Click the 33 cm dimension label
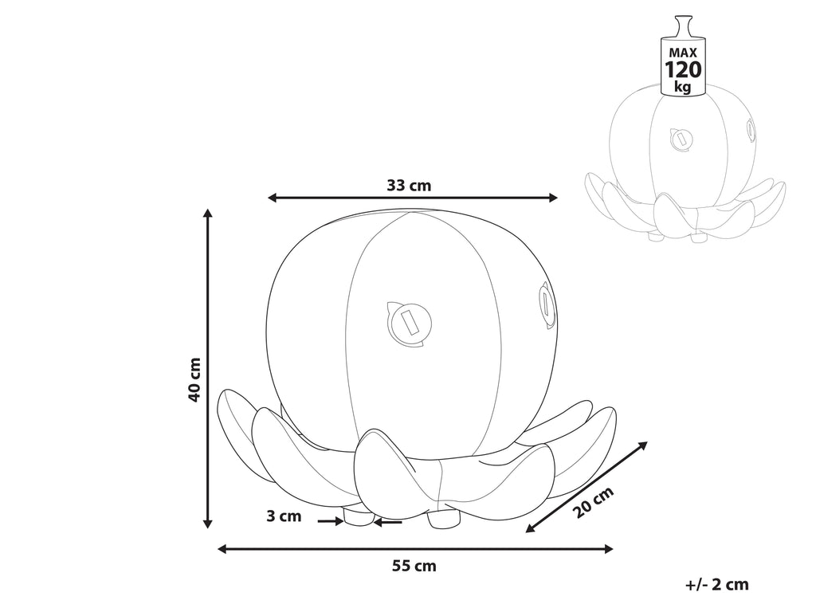pyautogui.click(x=409, y=185)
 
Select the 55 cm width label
pyautogui.click(x=414, y=566)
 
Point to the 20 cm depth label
pyautogui.click(x=594, y=502)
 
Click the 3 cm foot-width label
pyautogui.click(x=284, y=516)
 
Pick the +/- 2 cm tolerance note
pyautogui.click(x=717, y=584)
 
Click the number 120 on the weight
pyautogui.click(x=683, y=69)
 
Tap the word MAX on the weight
pyautogui.click(x=683, y=53)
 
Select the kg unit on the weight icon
pyautogui.click(x=682, y=86)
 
